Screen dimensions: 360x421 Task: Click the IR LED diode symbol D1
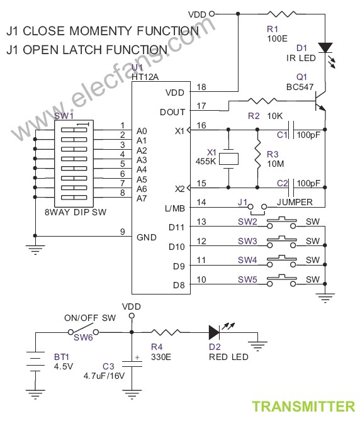(325, 48)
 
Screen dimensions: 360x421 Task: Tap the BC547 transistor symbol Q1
(320, 101)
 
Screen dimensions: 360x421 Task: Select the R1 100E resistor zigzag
(282, 14)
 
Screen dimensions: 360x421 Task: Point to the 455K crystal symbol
(228, 159)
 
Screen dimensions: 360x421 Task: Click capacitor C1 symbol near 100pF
(291, 130)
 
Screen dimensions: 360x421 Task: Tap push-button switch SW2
(281, 223)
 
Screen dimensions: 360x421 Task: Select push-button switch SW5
(281, 281)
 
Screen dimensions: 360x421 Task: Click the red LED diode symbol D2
(214, 332)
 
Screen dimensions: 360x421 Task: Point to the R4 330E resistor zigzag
(166, 332)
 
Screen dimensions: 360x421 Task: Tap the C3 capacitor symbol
(132, 364)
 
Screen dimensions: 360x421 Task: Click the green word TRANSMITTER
(303, 407)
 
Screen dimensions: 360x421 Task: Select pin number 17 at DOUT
(201, 106)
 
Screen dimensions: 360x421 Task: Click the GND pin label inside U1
(146, 237)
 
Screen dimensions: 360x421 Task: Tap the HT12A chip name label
(145, 77)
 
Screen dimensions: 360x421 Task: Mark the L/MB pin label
(175, 208)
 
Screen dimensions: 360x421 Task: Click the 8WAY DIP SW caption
(76, 212)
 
